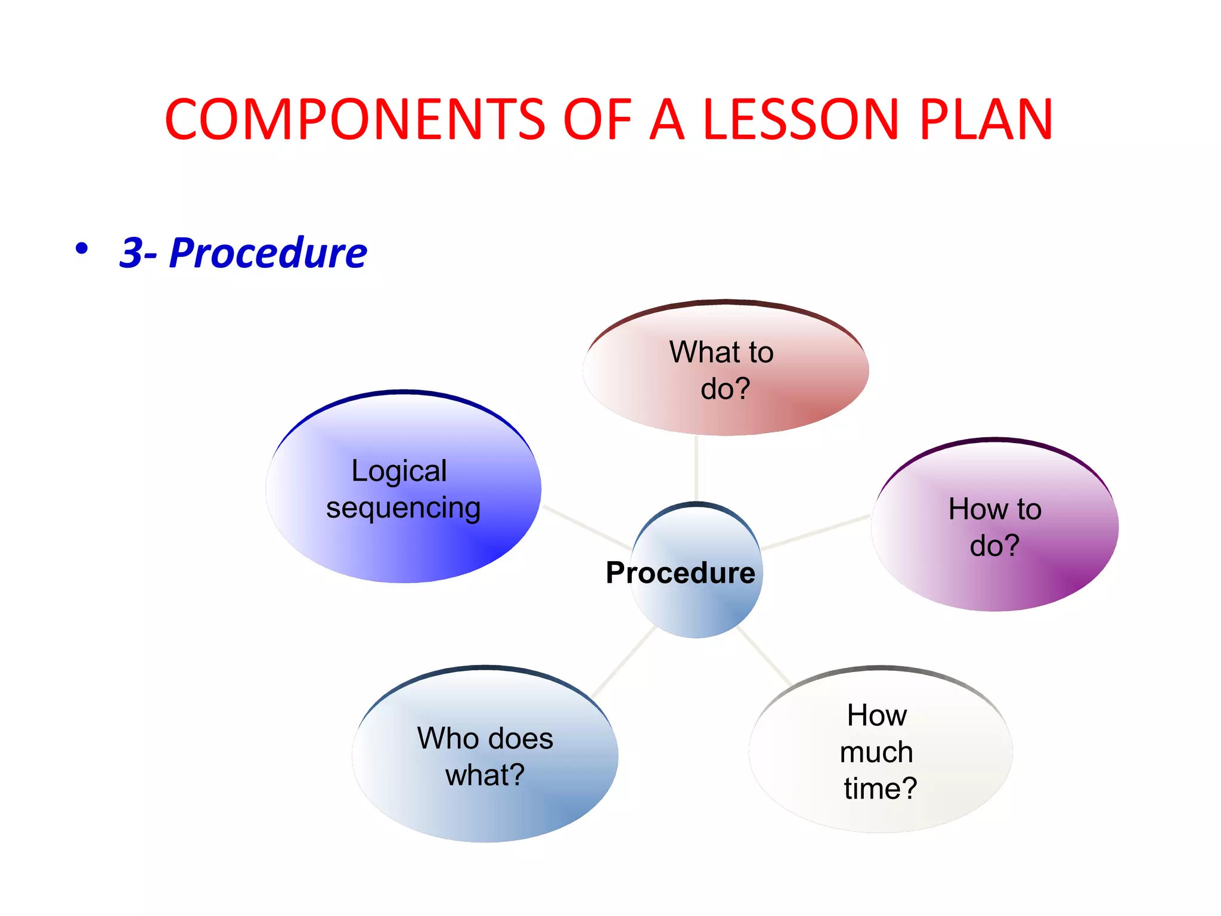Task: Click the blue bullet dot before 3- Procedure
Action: pos(82,249)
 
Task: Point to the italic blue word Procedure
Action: pos(268,253)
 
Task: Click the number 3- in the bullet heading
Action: pos(139,253)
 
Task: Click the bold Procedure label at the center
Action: pos(680,573)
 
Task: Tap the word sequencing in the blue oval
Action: pos(403,508)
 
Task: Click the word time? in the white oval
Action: pos(880,788)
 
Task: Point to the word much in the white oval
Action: pos(876,752)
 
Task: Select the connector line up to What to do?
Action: pos(696,468)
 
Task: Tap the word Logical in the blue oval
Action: pos(399,471)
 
